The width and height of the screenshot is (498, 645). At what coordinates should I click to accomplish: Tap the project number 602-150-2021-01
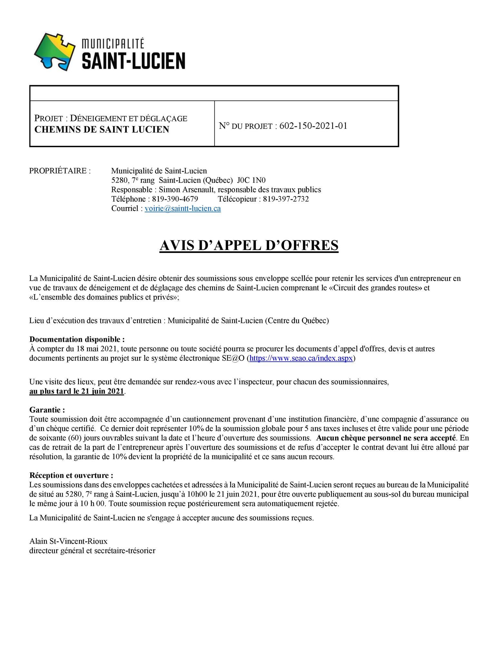pyautogui.click(x=313, y=126)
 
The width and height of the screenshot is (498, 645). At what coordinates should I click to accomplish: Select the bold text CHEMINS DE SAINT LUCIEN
pyautogui.click(x=102, y=129)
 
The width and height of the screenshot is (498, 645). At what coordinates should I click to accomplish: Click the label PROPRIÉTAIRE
pyautogui.click(x=60, y=171)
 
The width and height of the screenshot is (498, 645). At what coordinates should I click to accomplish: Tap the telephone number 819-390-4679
pyautogui.click(x=175, y=199)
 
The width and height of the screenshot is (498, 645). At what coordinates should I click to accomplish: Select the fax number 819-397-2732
pyautogui.click(x=286, y=199)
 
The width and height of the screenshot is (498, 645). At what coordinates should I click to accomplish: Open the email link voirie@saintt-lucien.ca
pyautogui.click(x=183, y=208)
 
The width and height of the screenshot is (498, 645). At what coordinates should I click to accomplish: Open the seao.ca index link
pyautogui.click(x=301, y=358)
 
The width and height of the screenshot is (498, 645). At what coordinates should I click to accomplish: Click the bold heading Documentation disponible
pyautogui.click(x=77, y=339)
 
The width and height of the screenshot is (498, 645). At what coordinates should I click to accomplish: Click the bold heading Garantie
pyautogui.click(x=47, y=410)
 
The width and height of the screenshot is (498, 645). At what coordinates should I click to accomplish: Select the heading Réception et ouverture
pyautogui.click(x=71, y=475)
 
